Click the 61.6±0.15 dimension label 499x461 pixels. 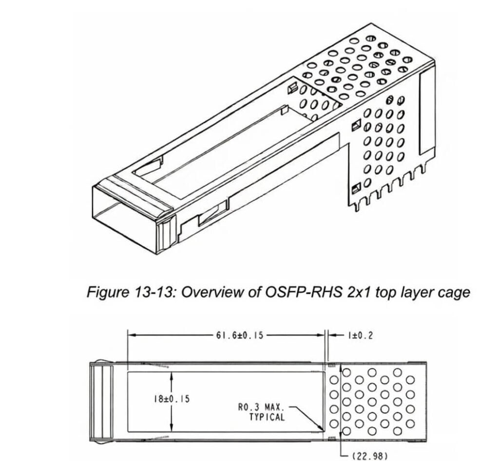pyautogui.click(x=239, y=335)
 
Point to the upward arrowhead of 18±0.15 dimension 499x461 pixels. pyautogui.click(x=171, y=375)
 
